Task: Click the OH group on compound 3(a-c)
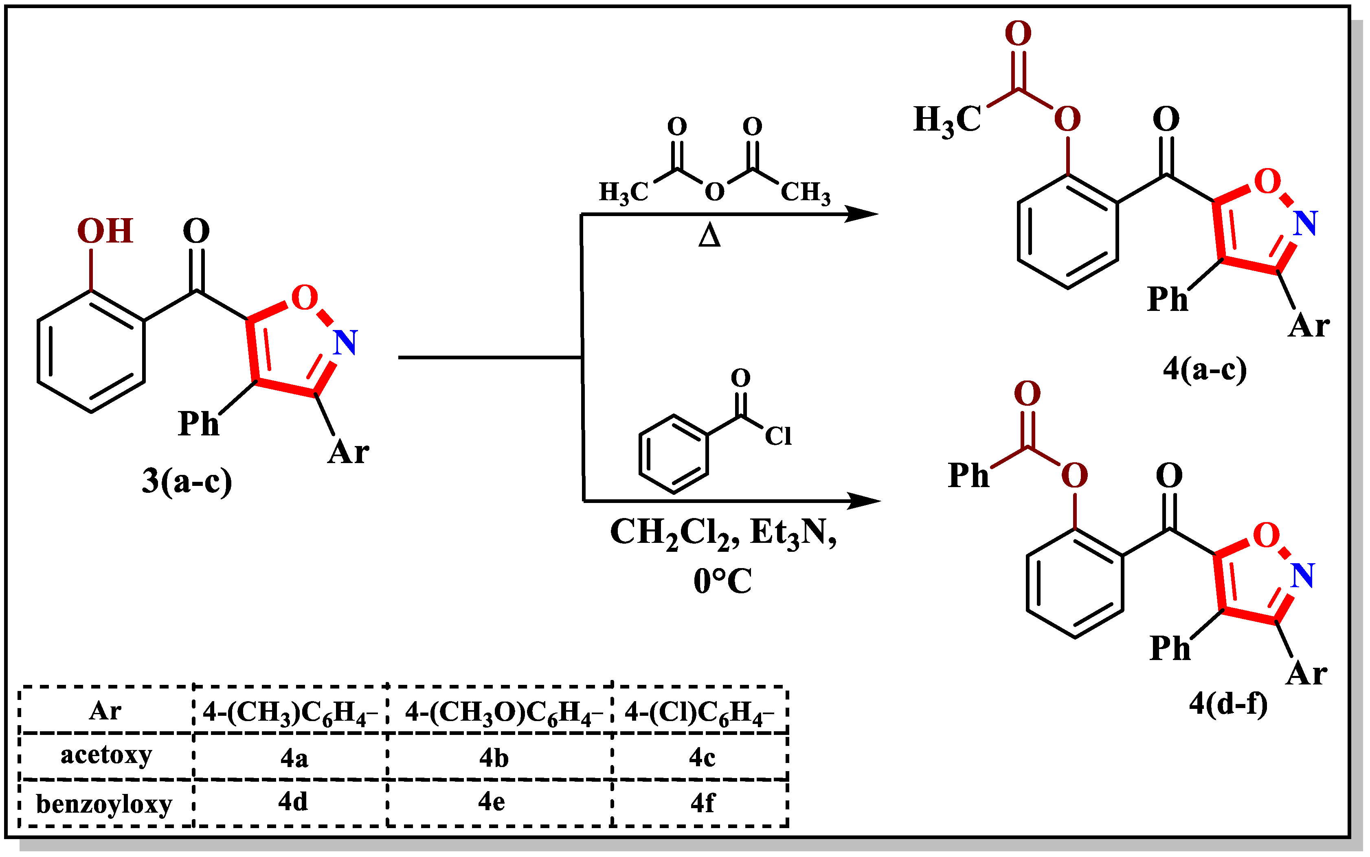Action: click(105, 231)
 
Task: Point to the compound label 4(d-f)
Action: click(1228, 704)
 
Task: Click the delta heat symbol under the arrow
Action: click(709, 235)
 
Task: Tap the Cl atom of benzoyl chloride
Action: click(778, 436)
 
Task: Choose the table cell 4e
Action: click(491, 802)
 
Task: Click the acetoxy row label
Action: click(106, 756)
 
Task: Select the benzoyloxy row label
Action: click(104, 804)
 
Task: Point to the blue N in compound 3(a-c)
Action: click(345, 343)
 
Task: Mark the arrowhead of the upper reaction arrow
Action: click(862, 214)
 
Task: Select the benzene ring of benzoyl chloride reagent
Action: click(673, 454)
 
